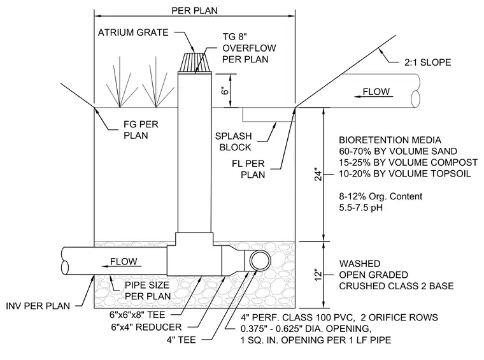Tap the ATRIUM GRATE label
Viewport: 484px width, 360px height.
coord(133,32)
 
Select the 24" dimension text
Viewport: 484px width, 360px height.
coord(318,175)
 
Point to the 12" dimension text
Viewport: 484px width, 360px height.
coord(318,275)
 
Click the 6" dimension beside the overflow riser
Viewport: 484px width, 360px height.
coord(225,90)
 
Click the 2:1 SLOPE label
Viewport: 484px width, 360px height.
coord(427,62)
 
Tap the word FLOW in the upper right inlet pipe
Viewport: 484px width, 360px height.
coord(376,92)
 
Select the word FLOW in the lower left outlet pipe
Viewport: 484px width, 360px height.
coord(124,261)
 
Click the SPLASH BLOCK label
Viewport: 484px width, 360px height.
coord(234,141)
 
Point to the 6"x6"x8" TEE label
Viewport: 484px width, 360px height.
coord(138,315)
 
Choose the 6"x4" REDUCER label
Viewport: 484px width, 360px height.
coord(146,327)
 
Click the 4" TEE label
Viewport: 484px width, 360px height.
coord(181,340)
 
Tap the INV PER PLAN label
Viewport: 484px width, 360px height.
coord(38,306)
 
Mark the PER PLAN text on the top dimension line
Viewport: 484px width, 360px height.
coord(194,11)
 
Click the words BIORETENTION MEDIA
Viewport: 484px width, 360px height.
coord(390,140)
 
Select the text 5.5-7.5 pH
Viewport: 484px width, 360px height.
coord(361,208)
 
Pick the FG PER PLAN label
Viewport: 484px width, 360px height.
coord(141,130)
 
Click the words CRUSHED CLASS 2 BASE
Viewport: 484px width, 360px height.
coord(396,286)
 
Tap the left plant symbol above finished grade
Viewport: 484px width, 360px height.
coord(120,86)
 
